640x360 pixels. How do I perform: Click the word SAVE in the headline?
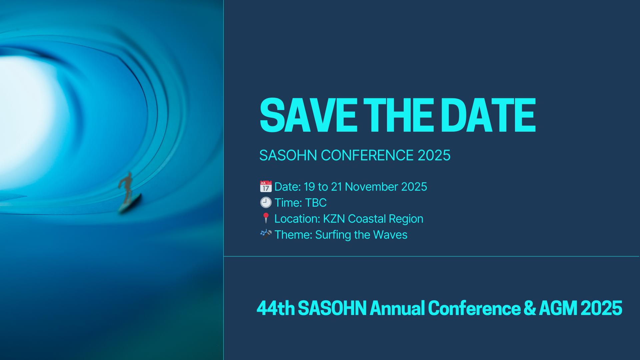(x=308, y=115)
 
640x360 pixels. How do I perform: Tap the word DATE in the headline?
(x=490, y=115)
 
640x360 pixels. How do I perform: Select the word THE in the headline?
(x=399, y=115)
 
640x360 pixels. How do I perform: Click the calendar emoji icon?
(x=266, y=187)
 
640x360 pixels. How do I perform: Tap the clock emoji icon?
(x=266, y=203)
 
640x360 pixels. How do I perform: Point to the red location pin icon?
(x=266, y=218)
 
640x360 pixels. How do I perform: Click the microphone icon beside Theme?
(x=266, y=234)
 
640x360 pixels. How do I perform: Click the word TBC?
(x=316, y=203)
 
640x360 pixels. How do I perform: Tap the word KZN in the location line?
(x=334, y=219)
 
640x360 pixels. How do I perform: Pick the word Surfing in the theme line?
(x=333, y=235)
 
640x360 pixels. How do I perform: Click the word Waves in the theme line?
(x=390, y=235)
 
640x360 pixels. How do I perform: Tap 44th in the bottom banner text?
(x=276, y=308)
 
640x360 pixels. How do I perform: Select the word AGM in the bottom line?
(x=558, y=308)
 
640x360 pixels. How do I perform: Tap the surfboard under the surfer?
(x=130, y=204)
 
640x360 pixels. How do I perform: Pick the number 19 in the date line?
(x=309, y=187)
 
